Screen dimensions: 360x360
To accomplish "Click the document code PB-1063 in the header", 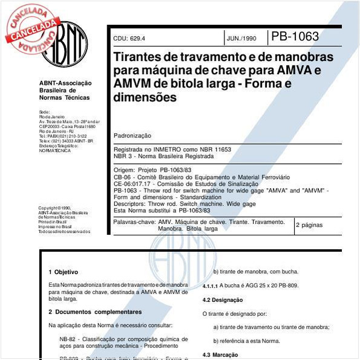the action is [295, 36].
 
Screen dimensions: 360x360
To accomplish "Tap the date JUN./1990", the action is [241, 38].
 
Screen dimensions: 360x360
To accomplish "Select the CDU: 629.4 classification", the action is [129, 38].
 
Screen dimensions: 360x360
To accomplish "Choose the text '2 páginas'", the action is [309, 224].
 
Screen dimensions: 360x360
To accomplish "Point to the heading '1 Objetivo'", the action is [63, 272].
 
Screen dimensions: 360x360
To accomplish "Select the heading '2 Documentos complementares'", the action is [95, 312].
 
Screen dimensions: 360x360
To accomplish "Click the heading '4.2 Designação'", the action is [223, 300].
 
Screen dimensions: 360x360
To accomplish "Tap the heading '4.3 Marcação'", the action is [220, 355].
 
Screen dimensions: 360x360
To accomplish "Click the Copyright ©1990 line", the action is [54, 208].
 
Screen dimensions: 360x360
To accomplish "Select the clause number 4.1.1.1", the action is [212, 286].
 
